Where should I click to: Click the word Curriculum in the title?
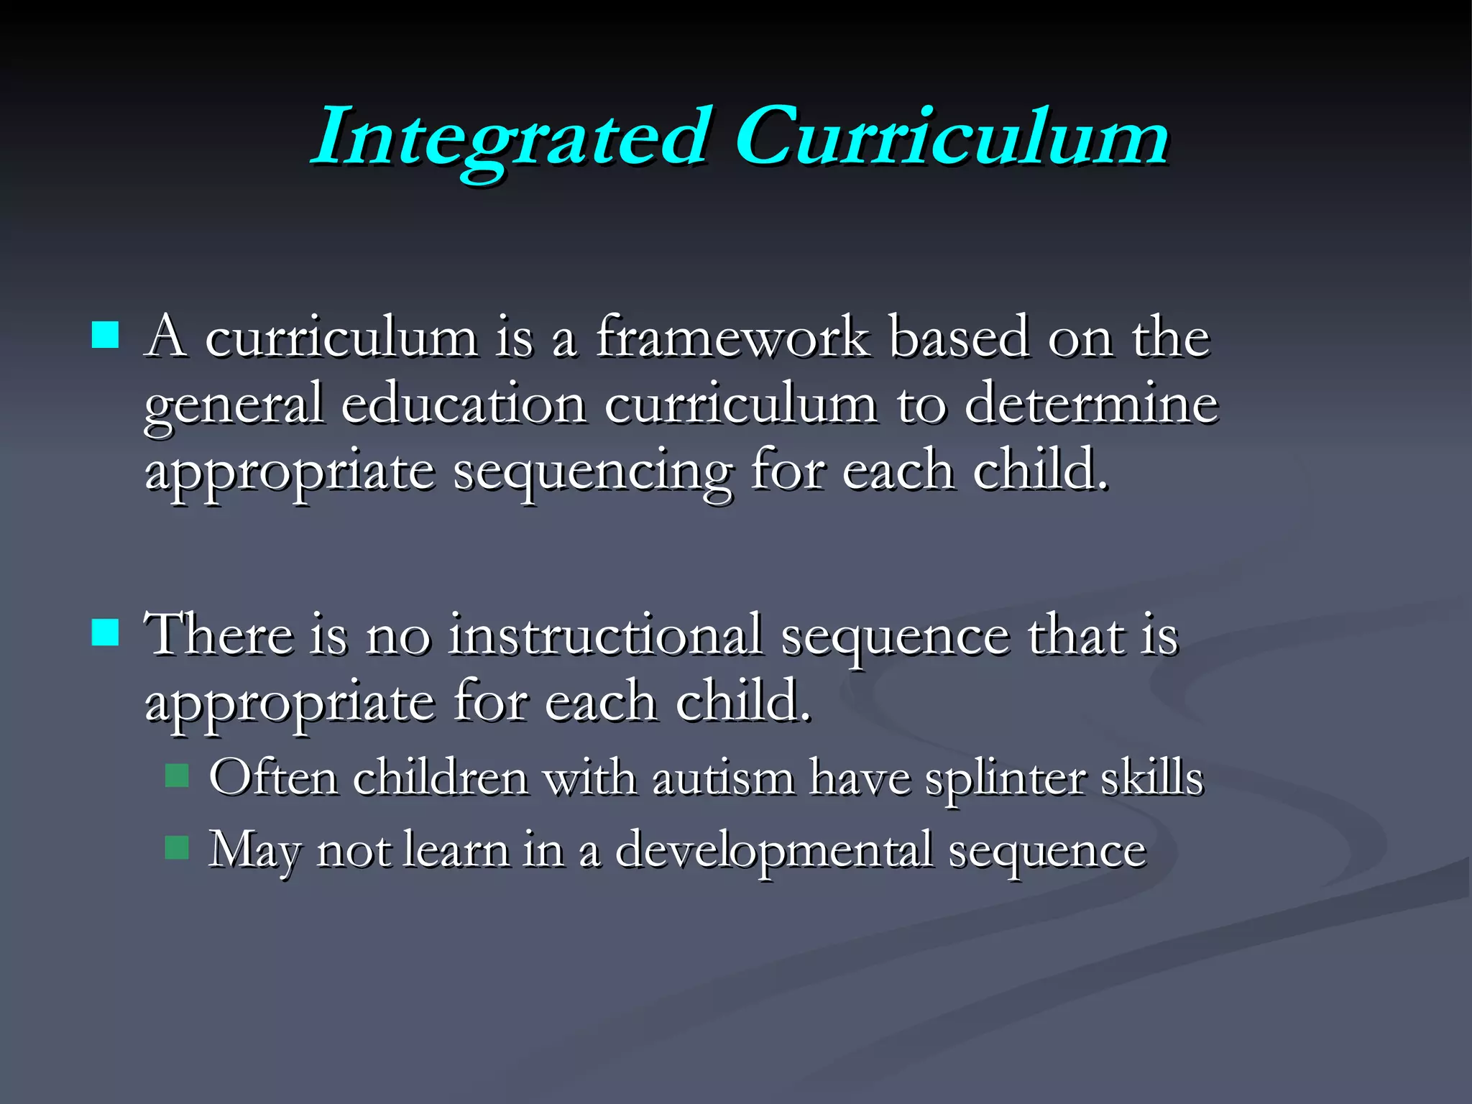point(952,137)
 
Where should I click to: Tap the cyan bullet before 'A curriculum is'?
point(106,335)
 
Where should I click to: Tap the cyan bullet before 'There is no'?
point(106,632)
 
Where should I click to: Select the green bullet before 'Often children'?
point(177,776)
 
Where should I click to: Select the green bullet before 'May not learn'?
point(177,847)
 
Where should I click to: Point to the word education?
point(464,404)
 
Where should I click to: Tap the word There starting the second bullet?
point(218,635)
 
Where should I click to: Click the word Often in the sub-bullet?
point(273,778)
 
